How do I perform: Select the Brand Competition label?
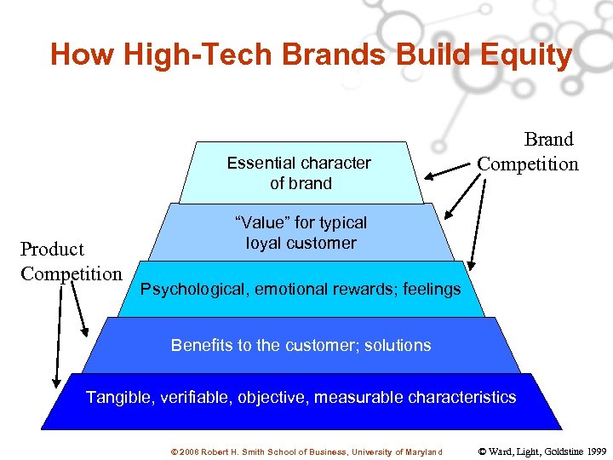pos(527,152)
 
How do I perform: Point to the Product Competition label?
pos(72,262)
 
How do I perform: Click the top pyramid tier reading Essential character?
pos(299,173)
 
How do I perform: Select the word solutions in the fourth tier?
pos(398,346)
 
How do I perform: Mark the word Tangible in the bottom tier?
pos(117,398)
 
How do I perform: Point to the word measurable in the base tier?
pos(363,398)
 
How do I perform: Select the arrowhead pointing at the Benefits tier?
pos(84,331)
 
